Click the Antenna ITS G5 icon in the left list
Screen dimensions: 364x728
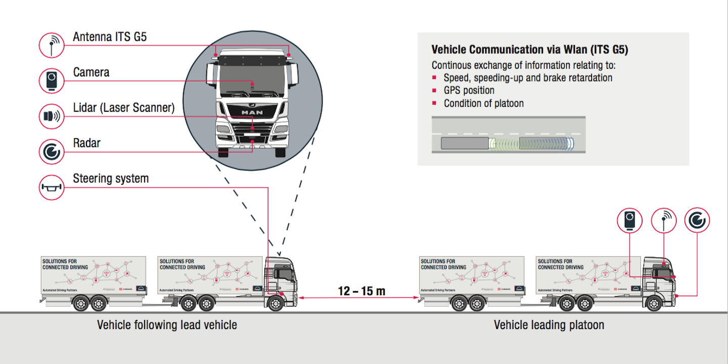[52, 45]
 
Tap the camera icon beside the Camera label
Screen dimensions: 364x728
[52, 80]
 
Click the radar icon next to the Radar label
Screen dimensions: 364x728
[52, 151]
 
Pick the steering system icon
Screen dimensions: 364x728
[52, 187]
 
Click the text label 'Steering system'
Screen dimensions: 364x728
[111, 179]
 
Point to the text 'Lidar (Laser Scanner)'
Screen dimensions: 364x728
[124, 107]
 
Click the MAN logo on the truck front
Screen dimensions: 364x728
[251, 112]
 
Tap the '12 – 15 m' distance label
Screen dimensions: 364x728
[361, 291]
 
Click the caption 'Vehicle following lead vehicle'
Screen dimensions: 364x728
[167, 325]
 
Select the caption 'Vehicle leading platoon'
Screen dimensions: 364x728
[549, 325]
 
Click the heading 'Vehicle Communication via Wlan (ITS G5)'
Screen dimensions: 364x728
[530, 50]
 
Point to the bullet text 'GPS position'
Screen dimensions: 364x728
[469, 91]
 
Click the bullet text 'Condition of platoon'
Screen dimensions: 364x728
[484, 103]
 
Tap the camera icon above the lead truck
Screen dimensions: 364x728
[629, 220]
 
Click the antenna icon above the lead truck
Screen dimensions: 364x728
[663, 220]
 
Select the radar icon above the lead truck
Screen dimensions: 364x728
[697, 220]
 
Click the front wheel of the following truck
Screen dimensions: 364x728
[276, 304]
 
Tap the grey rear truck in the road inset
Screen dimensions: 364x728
[465, 143]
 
